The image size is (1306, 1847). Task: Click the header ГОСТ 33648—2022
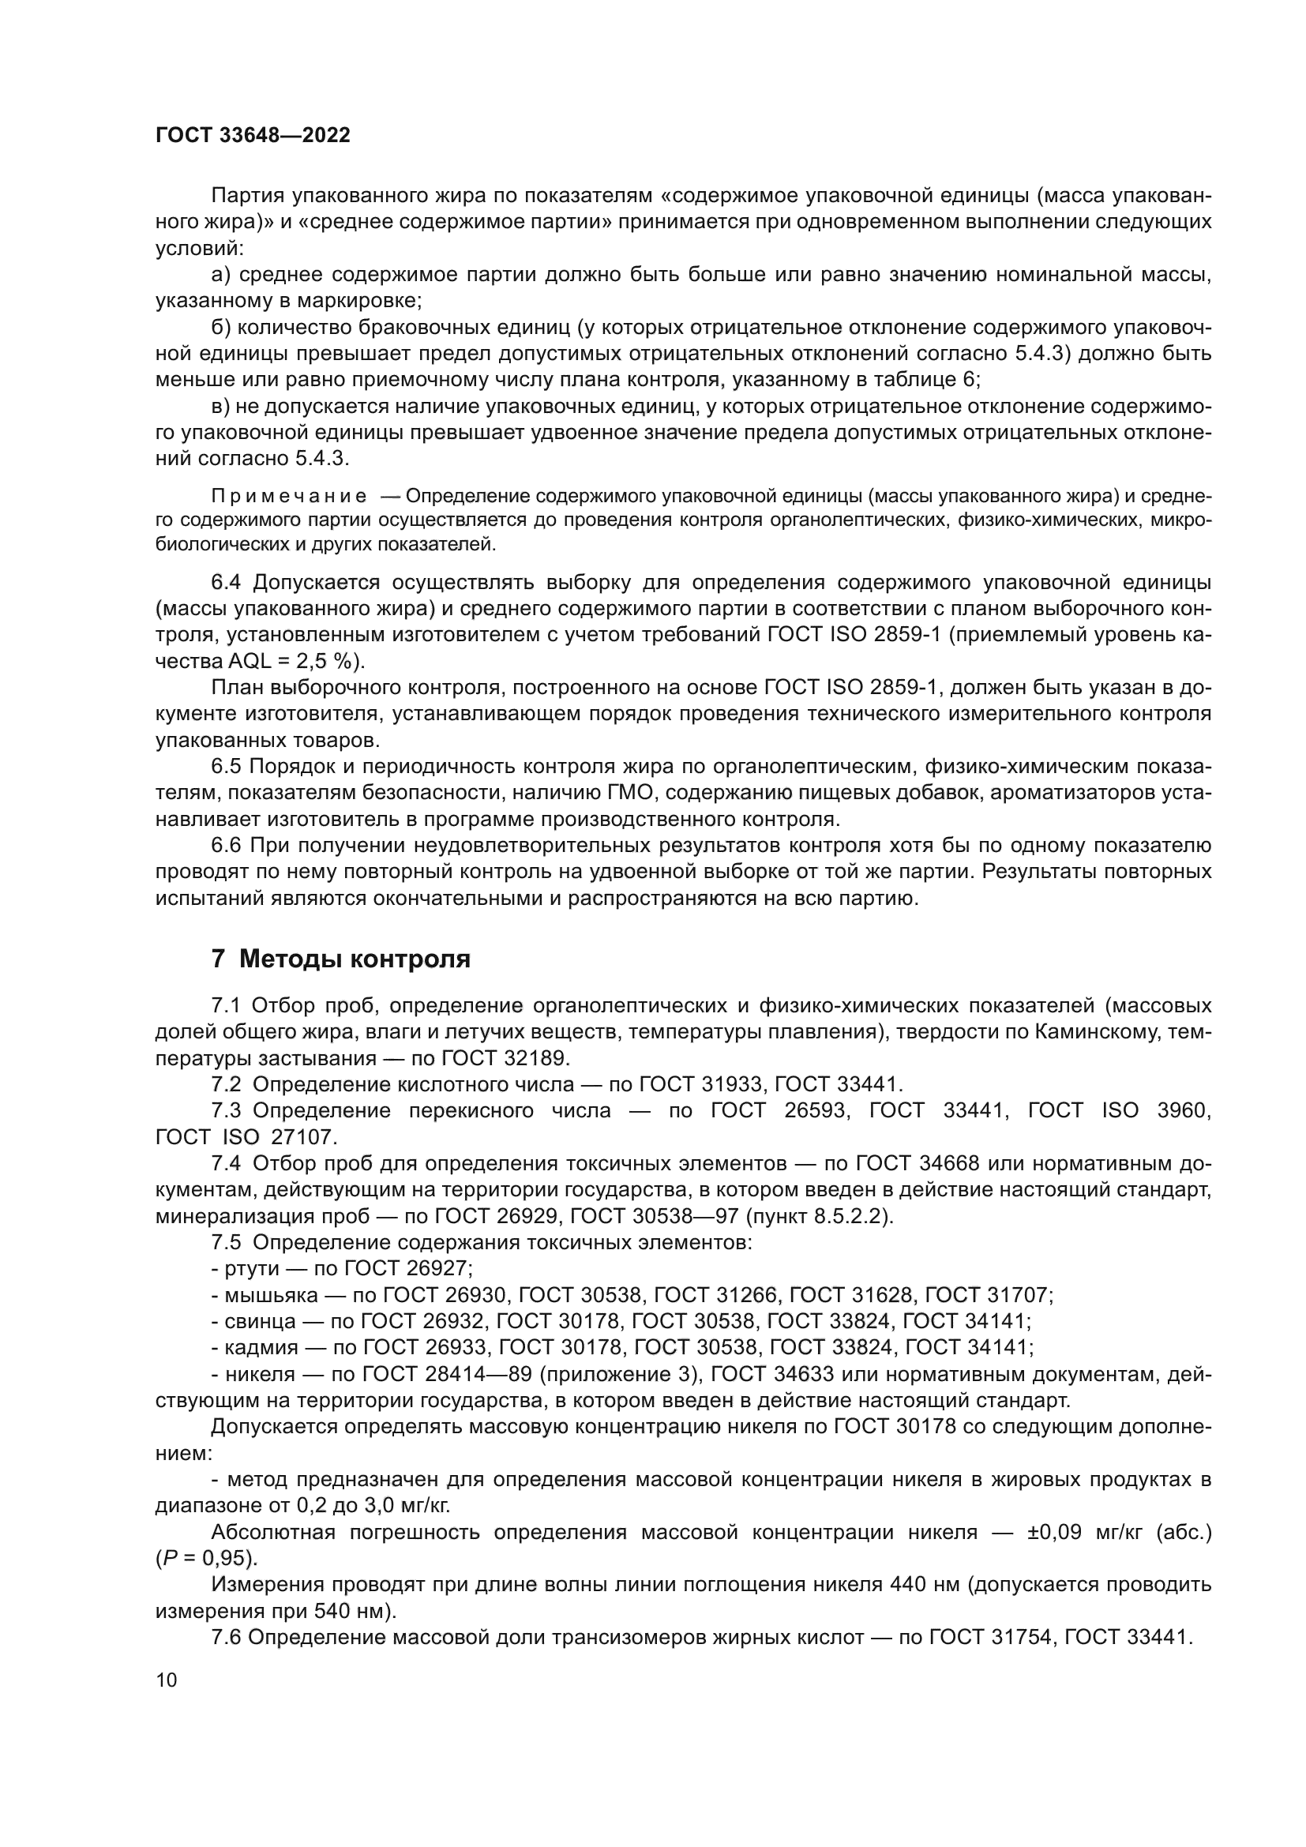[x=253, y=135]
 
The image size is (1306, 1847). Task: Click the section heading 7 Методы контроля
[x=341, y=959]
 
